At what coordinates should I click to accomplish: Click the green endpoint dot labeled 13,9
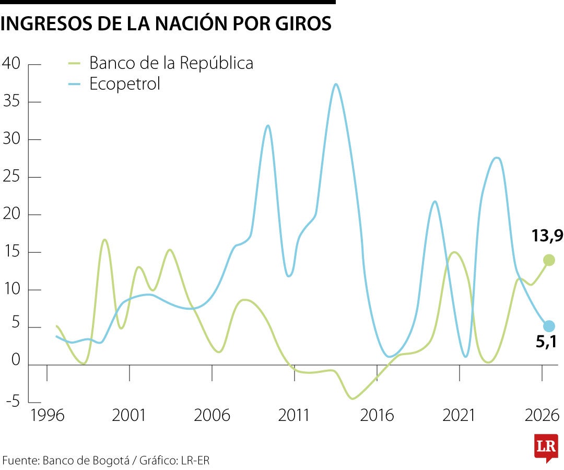549,260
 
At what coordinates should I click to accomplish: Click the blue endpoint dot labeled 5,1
549,326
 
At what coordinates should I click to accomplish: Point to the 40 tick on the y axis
11,64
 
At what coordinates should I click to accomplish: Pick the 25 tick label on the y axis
11,177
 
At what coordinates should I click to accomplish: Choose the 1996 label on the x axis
47,416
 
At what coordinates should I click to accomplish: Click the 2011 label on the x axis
294,416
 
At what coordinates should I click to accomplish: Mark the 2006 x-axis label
211,416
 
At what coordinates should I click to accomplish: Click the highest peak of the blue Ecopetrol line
336,84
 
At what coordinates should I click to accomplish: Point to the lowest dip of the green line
353,399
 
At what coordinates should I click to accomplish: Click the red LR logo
546,447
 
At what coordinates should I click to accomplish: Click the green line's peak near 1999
104,240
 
